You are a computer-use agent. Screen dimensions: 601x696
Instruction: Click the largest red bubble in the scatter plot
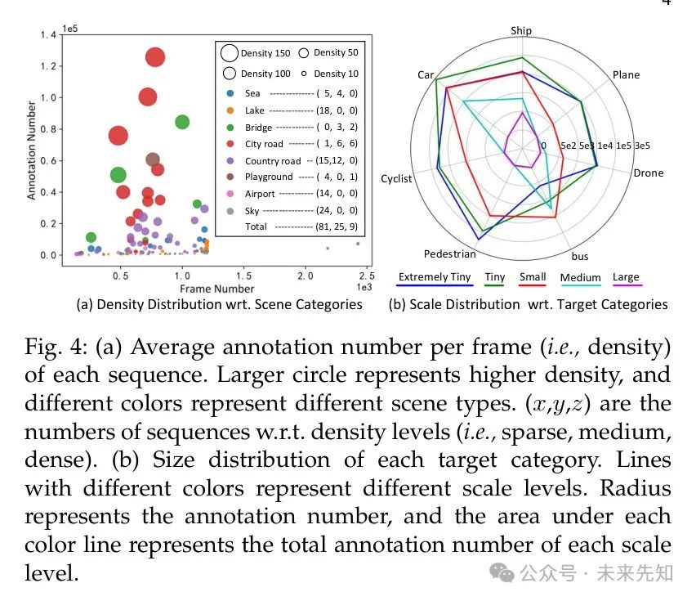[155, 57]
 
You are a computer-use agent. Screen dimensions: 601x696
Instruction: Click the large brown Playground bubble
[153, 159]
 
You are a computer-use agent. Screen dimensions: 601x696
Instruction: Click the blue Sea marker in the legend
[230, 93]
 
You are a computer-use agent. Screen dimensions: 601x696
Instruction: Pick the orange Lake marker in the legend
[230, 110]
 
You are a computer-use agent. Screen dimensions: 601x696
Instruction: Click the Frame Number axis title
[216, 289]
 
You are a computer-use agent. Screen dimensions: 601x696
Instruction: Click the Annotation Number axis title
[32, 150]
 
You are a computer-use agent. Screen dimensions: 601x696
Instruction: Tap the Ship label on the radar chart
[521, 31]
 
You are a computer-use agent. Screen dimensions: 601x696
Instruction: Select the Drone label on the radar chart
[649, 173]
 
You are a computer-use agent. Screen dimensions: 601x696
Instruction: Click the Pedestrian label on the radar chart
[449, 254]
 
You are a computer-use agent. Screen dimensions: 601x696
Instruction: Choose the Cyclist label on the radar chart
[396, 179]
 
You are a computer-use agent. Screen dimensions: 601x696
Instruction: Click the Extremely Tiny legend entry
[435, 277]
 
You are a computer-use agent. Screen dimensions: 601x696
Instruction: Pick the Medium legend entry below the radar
[580, 278]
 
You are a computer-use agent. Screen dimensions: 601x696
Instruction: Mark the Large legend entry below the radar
[626, 277]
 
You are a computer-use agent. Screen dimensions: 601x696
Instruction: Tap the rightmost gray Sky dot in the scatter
[357, 244]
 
